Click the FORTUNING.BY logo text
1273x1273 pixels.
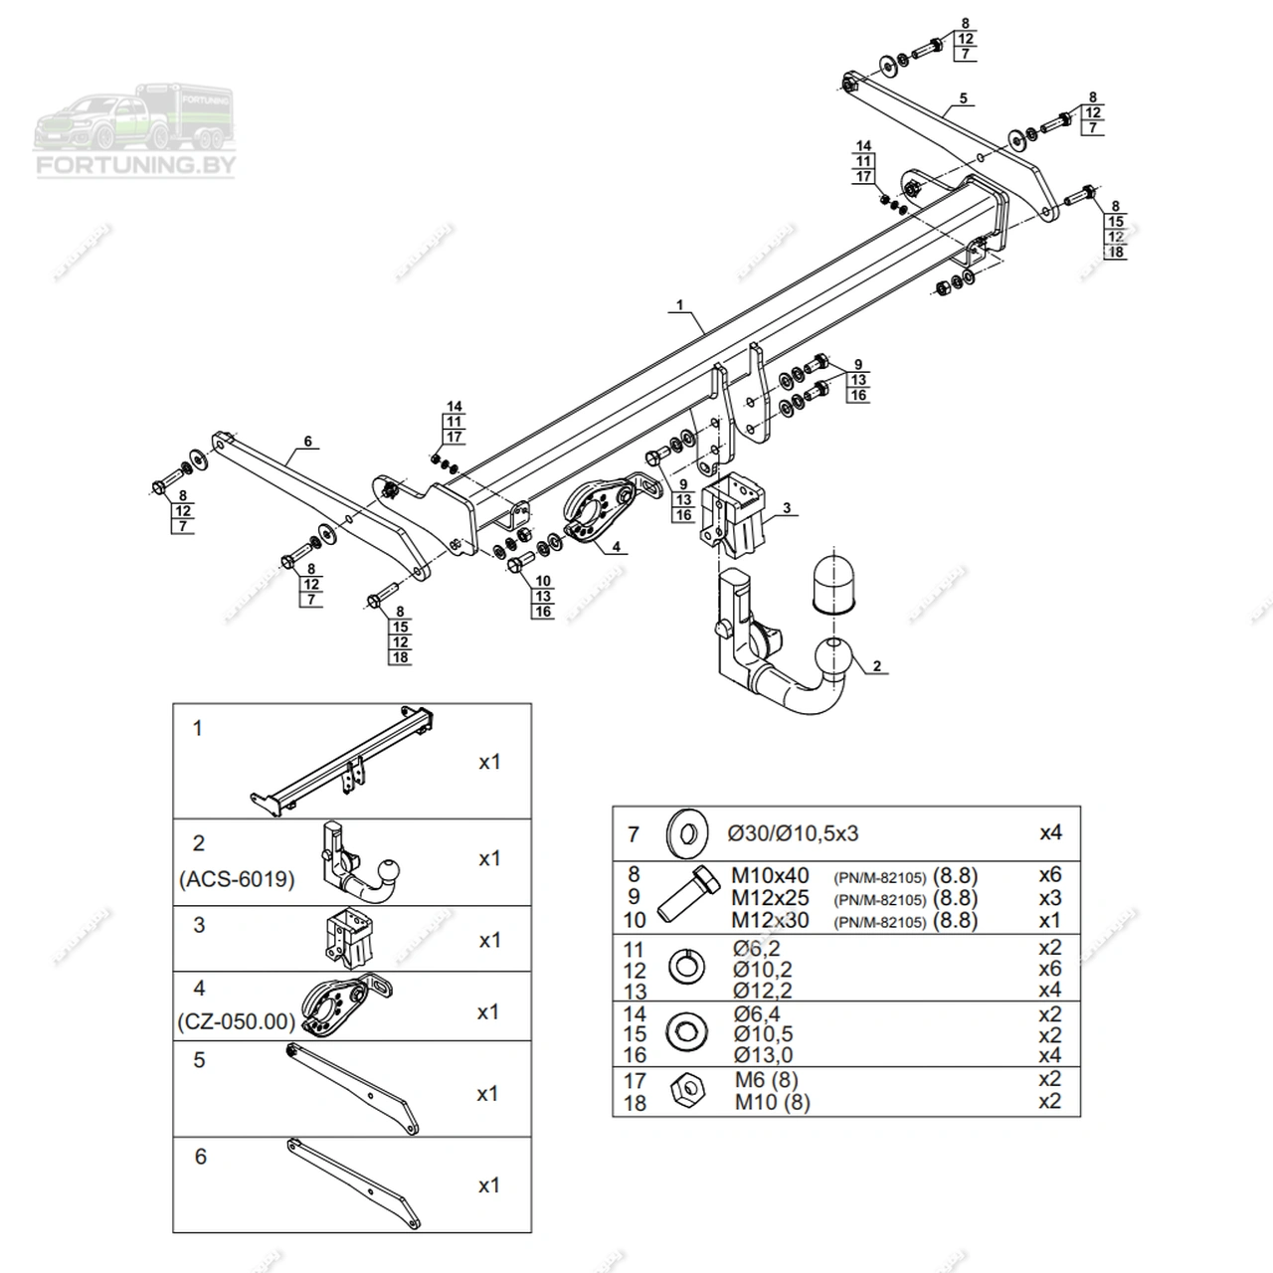(135, 165)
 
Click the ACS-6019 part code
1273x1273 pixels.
(237, 880)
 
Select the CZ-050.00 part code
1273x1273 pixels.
(236, 1021)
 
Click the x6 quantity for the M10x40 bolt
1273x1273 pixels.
(1049, 875)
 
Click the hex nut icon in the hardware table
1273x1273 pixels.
(685, 1091)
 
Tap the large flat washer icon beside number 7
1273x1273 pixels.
(685, 832)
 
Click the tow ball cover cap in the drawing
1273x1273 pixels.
(832, 583)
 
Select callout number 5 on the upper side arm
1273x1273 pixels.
(963, 98)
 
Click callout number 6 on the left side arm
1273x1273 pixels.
(307, 441)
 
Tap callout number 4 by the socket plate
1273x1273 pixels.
(616, 546)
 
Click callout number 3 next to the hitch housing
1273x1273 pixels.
(786, 508)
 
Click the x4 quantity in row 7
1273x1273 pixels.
(1050, 832)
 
